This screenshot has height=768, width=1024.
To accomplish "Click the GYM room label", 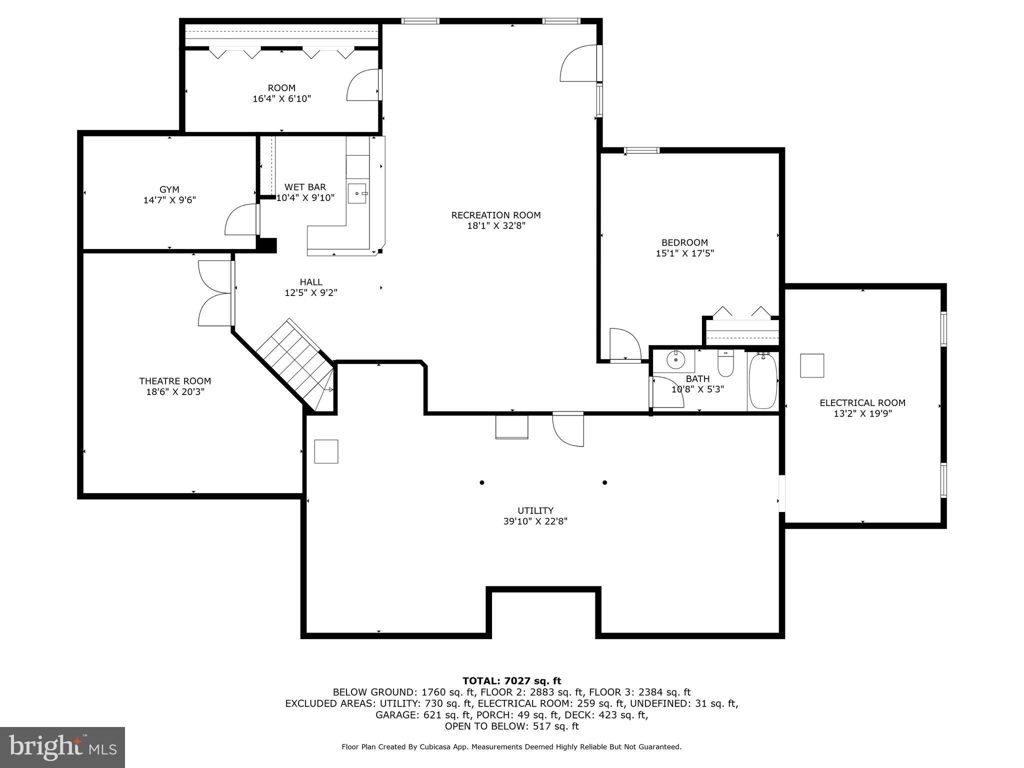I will pos(169,189).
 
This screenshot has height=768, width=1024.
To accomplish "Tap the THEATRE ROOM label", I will pos(175,381).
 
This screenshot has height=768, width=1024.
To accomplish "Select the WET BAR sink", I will pos(357,193).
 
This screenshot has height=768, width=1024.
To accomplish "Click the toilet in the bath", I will pos(725,363).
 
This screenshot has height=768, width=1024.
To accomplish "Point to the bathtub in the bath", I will pos(762,381).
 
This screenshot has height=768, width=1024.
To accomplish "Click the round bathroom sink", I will pos(676,359).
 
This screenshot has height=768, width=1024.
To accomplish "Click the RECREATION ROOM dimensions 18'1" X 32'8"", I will pos(496,226).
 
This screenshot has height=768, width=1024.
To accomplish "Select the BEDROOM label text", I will pos(684,242).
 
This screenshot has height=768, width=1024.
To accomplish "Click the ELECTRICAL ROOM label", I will pos(862,402).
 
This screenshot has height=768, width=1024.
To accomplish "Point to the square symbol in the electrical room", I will pos(811,365).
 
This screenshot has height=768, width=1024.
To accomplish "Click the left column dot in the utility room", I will pos(482,482).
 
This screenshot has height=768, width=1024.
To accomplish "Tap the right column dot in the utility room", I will pos(604,482).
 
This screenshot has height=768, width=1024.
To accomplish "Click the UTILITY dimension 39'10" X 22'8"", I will pos(535,521).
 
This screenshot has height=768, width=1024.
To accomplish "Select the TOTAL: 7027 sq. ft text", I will pos(511,680).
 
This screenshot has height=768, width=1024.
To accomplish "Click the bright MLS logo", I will pos(62,747).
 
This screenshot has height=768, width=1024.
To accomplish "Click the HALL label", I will pos(311,282).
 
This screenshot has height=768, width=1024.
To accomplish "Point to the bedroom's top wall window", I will pos(641,150).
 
